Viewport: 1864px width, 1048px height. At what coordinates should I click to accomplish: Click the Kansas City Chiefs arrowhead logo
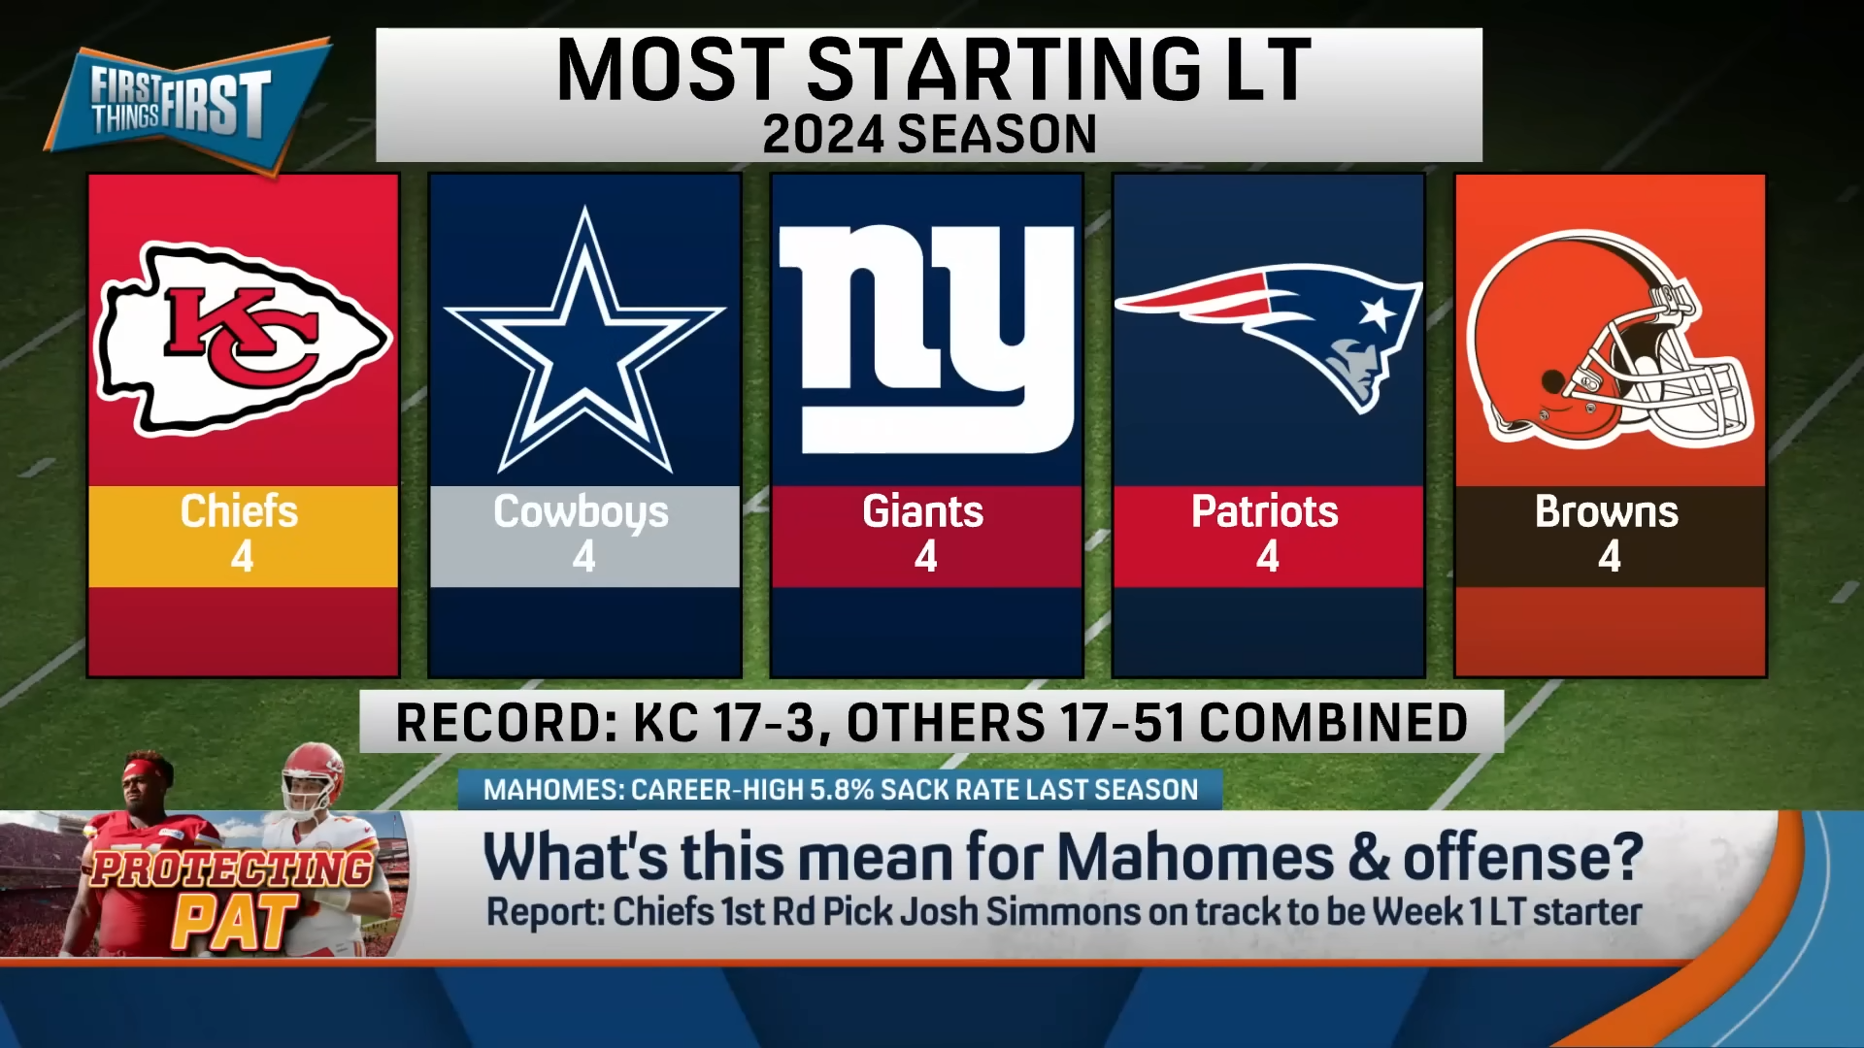click(x=243, y=339)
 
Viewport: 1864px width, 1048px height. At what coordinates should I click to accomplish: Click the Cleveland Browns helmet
click(x=1609, y=339)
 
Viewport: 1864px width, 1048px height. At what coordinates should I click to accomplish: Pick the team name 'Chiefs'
click(x=239, y=511)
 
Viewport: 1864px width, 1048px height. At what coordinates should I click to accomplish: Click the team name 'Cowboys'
click(x=581, y=512)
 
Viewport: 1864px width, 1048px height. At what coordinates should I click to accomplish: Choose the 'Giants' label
click(x=923, y=511)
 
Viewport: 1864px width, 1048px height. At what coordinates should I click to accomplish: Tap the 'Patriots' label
click(x=1265, y=511)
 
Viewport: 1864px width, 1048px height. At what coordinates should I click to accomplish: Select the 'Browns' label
click(x=1607, y=511)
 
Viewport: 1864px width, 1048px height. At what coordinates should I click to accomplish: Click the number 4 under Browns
click(x=1610, y=557)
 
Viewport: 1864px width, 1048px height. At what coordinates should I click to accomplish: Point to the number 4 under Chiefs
click(x=243, y=557)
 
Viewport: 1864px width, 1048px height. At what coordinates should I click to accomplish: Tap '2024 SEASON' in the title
click(x=929, y=134)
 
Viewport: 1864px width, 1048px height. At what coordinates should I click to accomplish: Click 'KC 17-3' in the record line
click(x=724, y=723)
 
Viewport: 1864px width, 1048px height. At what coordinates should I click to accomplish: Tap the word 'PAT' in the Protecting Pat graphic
click(x=235, y=921)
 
